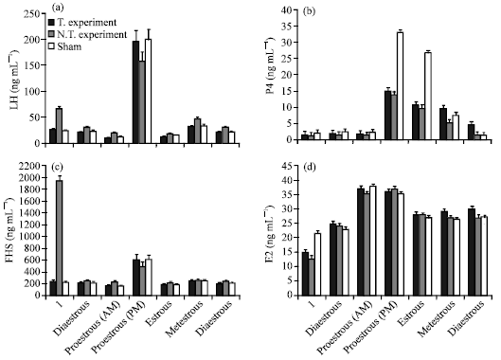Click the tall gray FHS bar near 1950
(60, 237)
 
